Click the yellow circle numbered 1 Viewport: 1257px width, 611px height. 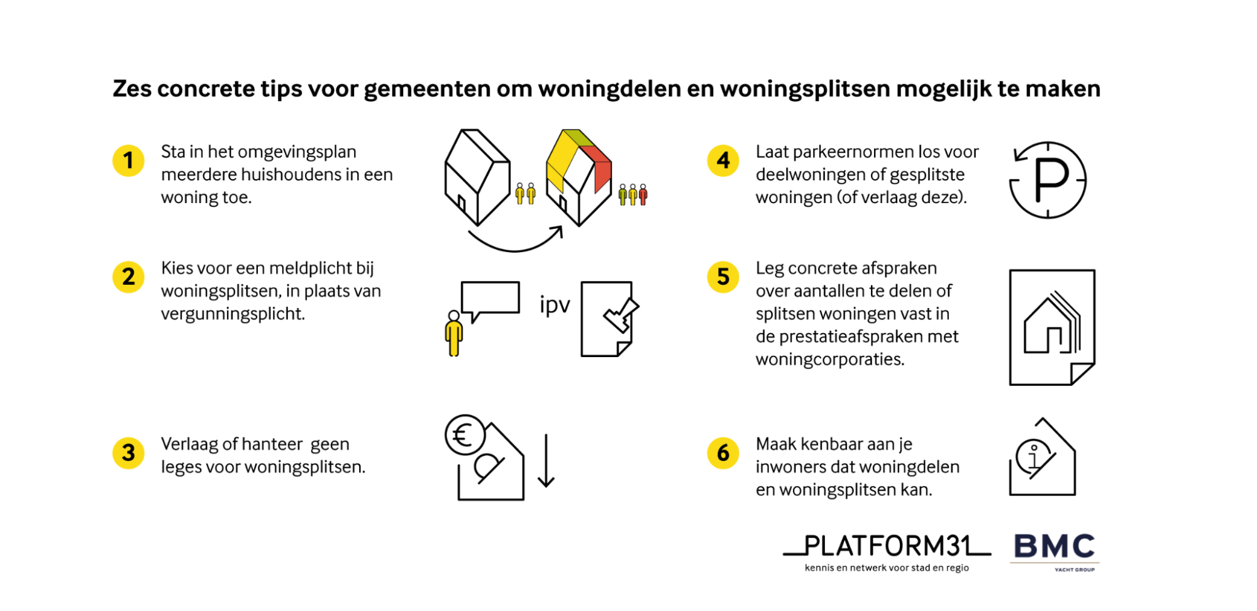tap(128, 160)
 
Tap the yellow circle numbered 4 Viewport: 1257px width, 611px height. tap(723, 160)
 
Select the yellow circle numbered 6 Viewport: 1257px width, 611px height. tap(723, 453)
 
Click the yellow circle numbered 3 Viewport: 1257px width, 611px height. tap(128, 453)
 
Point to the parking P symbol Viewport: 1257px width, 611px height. tap(1051, 180)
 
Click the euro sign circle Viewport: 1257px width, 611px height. tap(465, 435)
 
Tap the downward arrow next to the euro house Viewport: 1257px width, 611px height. tap(546, 461)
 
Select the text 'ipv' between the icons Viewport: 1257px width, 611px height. tap(555, 305)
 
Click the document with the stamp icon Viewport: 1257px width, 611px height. tap(607, 319)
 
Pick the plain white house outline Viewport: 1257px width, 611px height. tap(477, 177)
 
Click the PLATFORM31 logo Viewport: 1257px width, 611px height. tap(887, 552)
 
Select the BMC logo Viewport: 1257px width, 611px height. tap(1055, 551)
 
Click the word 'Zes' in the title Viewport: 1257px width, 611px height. tap(132, 89)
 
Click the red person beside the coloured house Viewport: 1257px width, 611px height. tap(643, 195)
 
